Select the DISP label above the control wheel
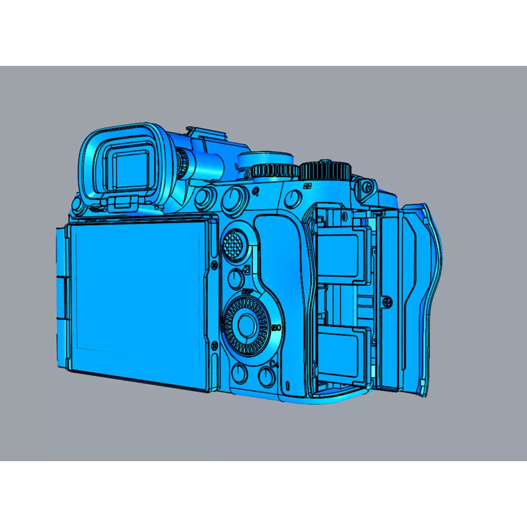coord(247,291)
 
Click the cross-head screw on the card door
coord(388,302)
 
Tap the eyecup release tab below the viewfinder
coord(122,203)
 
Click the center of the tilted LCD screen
coord(137,295)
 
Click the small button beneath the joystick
coord(236,278)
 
